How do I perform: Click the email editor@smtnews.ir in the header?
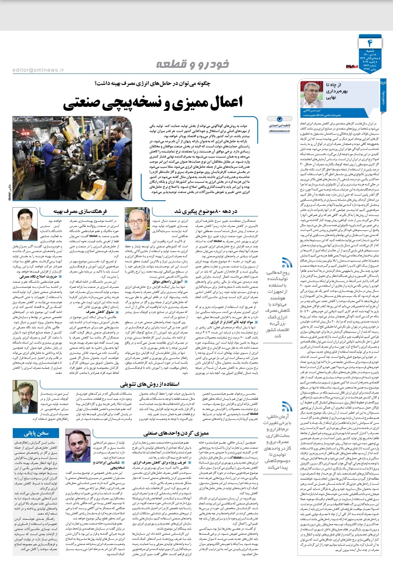pyautogui.click(x=38, y=70)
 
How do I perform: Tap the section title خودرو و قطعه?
pyautogui.click(x=192, y=64)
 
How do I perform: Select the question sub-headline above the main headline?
pyautogui.click(x=152, y=84)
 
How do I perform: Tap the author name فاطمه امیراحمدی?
pyautogui.click(x=280, y=125)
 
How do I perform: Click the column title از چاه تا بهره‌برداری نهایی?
pyautogui.click(x=336, y=91)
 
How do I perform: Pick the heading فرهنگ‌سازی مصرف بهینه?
pyautogui.click(x=80, y=211)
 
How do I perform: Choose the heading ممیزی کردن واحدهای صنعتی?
pyautogui.click(x=176, y=433)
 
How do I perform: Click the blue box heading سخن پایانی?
pyautogui.click(x=36, y=433)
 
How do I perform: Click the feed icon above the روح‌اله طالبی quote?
pyautogui.click(x=287, y=262)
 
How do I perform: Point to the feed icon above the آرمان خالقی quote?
pyautogui.click(x=287, y=407)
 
